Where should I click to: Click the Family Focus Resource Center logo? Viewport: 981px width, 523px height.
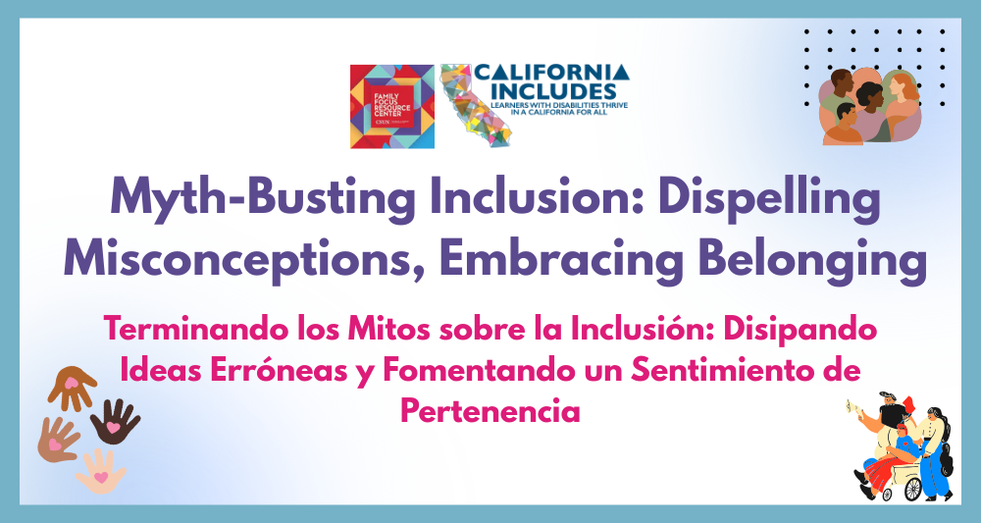click(392, 106)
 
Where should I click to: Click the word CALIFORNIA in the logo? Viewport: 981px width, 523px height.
click(551, 74)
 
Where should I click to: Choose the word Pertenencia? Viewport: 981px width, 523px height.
click(490, 409)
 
